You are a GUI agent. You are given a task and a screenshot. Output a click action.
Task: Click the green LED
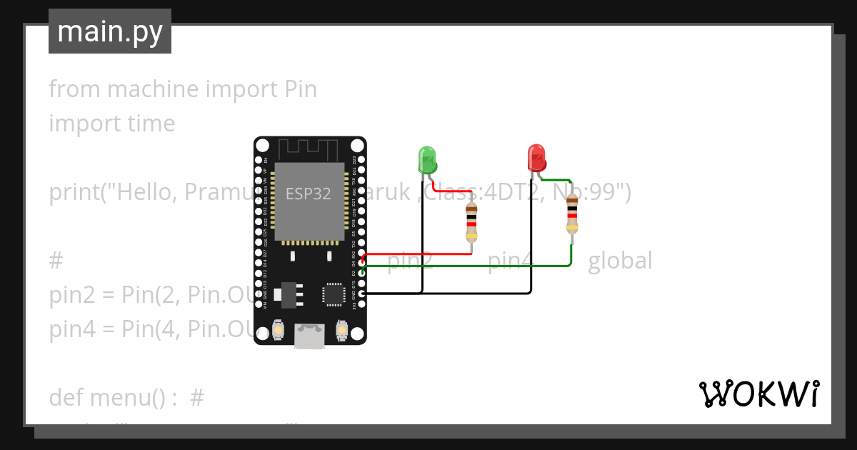point(426,159)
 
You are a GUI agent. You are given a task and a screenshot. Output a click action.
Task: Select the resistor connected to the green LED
point(471,221)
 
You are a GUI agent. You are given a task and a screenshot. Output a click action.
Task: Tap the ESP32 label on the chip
point(308,194)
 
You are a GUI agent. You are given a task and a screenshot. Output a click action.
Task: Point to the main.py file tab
point(110,32)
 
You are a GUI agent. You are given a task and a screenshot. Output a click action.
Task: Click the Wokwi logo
point(758,394)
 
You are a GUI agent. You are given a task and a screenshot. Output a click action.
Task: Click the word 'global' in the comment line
point(620,261)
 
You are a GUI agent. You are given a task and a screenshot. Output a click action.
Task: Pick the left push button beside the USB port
point(278,331)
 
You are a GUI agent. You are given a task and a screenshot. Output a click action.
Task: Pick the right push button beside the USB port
point(341,331)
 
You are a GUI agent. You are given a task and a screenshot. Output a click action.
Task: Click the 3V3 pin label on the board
point(354,305)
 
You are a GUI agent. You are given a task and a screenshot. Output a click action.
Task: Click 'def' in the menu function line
point(66,397)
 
